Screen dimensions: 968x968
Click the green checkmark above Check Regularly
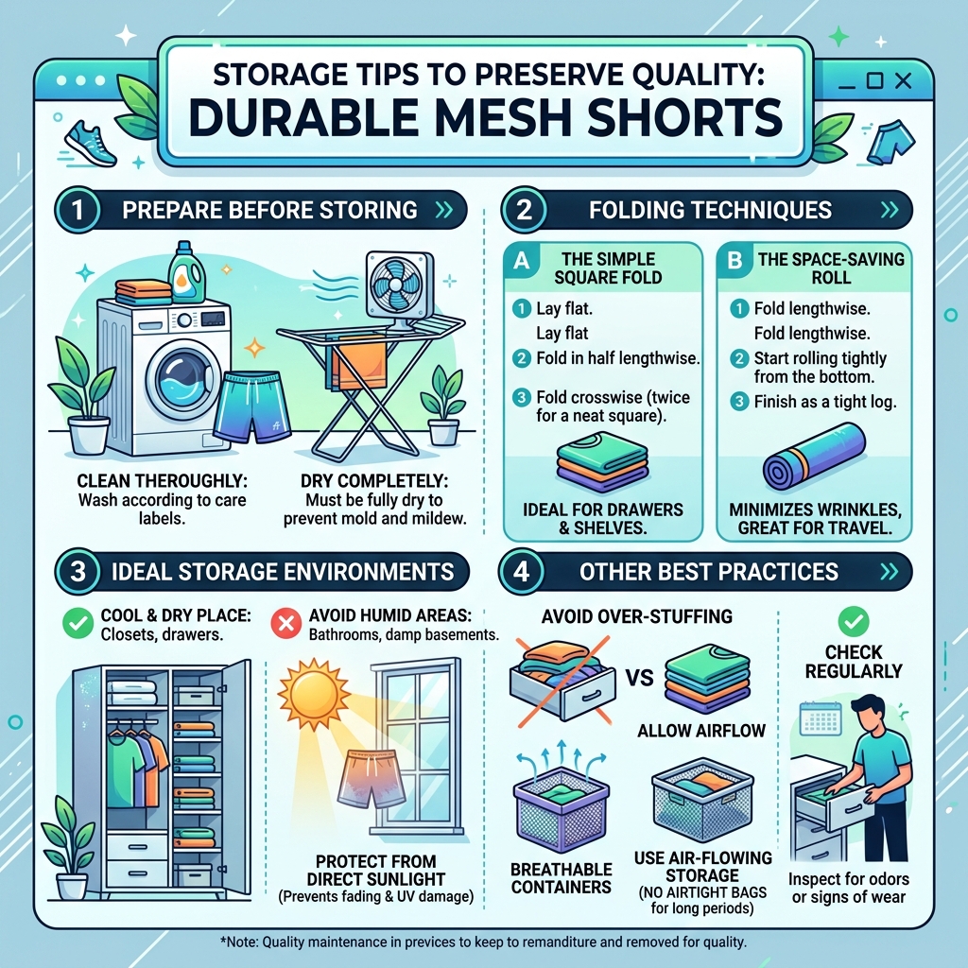coord(853,621)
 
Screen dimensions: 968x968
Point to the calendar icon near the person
coord(819,717)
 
